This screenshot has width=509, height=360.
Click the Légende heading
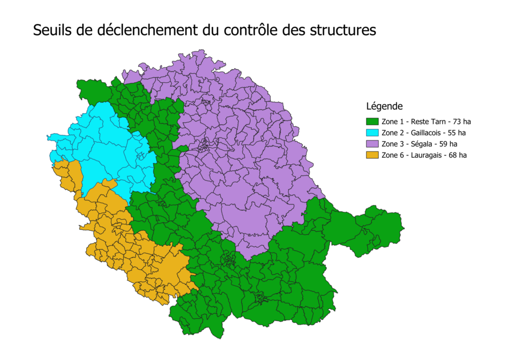click(x=384, y=106)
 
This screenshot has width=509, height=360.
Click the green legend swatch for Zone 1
click(x=372, y=121)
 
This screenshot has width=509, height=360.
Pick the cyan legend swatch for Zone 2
click(x=372, y=133)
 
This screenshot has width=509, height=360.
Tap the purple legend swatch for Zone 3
click(x=372, y=143)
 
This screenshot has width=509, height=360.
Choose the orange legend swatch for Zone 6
click(x=372, y=155)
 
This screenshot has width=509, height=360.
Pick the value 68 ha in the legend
click(x=459, y=155)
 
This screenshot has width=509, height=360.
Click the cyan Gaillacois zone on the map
click(x=109, y=149)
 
